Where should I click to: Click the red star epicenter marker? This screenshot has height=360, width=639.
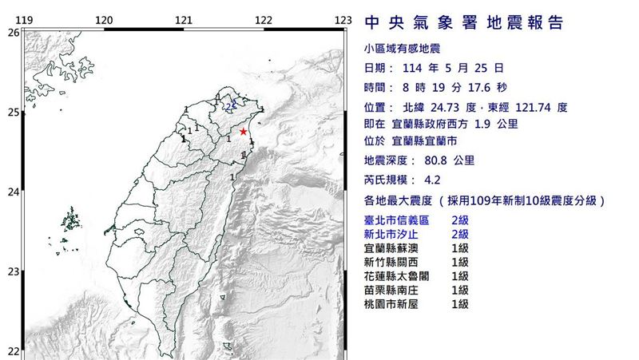click(243, 132)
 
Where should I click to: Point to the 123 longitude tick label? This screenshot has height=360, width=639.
click(343, 20)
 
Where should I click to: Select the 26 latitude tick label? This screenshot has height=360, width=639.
click(13, 33)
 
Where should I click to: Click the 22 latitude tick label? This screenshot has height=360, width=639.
click(13, 351)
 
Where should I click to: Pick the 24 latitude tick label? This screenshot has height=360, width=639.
click(13, 192)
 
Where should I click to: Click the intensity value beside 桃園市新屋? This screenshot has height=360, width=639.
click(459, 304)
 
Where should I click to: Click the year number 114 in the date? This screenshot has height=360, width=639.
click(415, 69)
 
